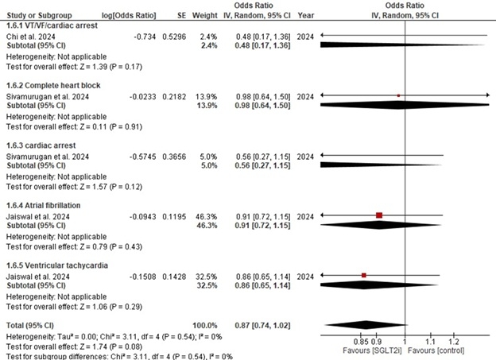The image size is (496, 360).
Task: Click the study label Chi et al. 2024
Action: (30, 37)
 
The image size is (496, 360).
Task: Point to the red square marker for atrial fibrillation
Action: (379, 215)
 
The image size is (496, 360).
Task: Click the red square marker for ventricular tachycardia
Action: (364, 275)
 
